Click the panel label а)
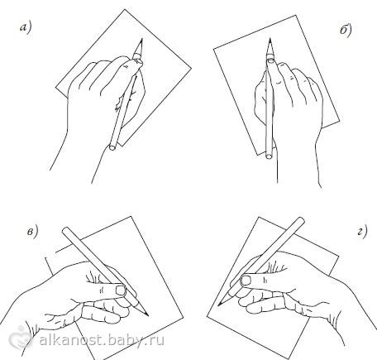(x=26, y=28)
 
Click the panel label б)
(x=346, y=30)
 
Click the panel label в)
(x=32, y=231)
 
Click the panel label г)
(x=362, y=231)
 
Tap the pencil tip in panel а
(x=142, y=39)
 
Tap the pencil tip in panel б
(x=270, y=38)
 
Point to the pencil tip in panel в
(x=148, y=315)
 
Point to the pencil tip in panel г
(x=218, y=305)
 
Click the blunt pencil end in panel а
(x=112, y=147)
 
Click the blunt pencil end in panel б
(x=270, y=156)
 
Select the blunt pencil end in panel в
(x=65, y=231)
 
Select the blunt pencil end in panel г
(x=301, y=221)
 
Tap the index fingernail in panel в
(x=121, y=290)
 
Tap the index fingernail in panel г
(x=246, y=281)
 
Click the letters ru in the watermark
(x=157, y=341)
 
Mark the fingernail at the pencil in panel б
(x=270, y=59)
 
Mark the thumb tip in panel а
(x=137, y=63)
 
